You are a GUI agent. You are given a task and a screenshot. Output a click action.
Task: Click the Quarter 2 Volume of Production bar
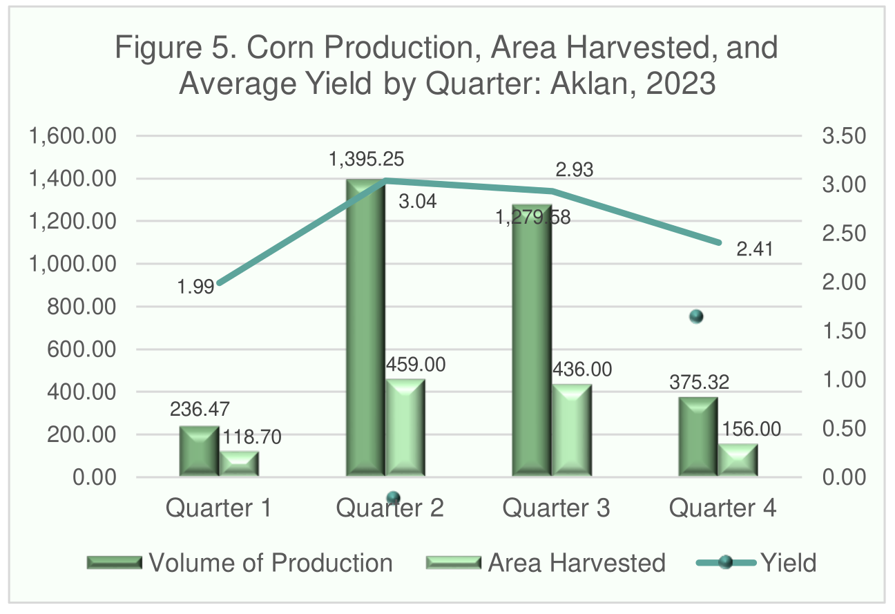tap(365, 327)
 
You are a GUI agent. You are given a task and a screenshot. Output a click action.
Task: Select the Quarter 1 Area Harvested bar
tap(239, 464)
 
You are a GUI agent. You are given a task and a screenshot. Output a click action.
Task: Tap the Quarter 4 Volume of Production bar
tap(698, 436)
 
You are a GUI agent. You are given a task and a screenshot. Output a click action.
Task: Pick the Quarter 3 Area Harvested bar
tap(572, 430)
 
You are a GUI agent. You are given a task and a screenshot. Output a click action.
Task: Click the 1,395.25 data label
tap(367, 159)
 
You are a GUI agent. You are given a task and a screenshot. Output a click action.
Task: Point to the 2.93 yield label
tap(574, 170)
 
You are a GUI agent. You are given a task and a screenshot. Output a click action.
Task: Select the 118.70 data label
tap(251, 437)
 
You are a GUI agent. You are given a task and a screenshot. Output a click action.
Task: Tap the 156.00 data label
tap(751, 430)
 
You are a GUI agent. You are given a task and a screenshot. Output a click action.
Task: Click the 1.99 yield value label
tap(196, 287)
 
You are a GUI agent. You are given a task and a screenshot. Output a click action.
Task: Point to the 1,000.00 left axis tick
tap(73, 264)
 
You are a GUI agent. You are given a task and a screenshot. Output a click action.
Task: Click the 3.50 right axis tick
tap(844, 136)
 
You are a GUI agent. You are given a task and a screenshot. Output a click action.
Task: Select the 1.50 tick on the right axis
tap(844, 331)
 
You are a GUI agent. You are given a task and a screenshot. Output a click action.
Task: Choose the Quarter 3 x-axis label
tap(556, 508)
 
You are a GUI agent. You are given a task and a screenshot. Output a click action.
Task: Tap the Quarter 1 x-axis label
tap(218, 508)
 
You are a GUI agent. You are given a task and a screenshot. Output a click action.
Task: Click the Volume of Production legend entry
tap(240, 563)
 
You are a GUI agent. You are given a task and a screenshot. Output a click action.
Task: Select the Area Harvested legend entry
tap(546, 563)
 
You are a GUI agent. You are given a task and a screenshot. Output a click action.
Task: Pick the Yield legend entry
tap(756, 563)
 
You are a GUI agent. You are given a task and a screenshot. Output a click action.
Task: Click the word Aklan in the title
tap(589, 84)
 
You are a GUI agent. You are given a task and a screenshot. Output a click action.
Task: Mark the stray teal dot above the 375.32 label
tap(696, 317)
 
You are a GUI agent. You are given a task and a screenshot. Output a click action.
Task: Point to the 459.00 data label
tap(416, 365)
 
